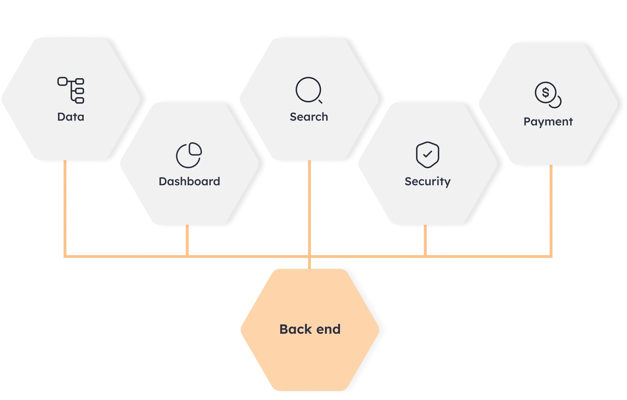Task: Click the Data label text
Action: tap(70, 117)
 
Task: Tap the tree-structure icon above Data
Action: tap(71, 90)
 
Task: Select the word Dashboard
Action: tap(189, 181)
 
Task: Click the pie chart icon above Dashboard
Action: tap(189, 155)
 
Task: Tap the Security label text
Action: tap(427, 181)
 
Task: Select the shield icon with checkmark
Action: tap(427, 155)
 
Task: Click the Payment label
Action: tap(548, 122)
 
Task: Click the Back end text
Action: tap(310, 329)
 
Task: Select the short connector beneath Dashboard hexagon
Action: tap(187, 240)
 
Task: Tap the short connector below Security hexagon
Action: tap(425, 240)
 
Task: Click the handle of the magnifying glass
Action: tap(320, 101)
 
